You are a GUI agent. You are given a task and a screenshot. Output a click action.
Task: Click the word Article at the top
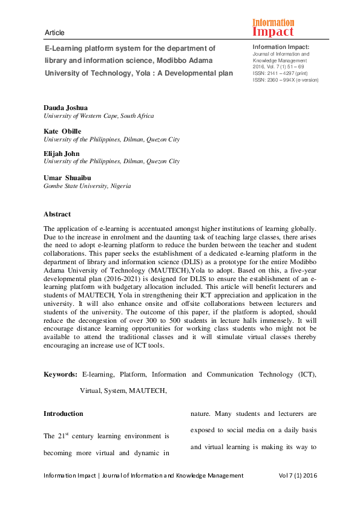click(x=54, y=33)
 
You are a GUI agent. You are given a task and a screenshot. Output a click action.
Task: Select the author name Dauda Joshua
click(x=66, y=107)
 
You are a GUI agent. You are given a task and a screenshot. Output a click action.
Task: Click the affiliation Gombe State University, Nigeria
click(x=87, y=186)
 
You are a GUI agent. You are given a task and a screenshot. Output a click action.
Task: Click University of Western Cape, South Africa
click(x=99, y=115)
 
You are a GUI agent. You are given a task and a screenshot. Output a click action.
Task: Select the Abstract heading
click(x=57, y=214)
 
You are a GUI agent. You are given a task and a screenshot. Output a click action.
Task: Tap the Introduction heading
click(x=63, y=413)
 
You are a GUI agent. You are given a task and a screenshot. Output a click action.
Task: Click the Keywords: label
click(x=60, y=375)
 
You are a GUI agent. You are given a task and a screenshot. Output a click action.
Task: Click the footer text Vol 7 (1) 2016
click(x=297, y=476)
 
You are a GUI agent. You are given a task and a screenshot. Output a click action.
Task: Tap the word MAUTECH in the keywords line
click(x=147, y=391)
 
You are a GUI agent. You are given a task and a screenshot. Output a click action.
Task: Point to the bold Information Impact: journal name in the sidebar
click(x=281, y=47)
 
